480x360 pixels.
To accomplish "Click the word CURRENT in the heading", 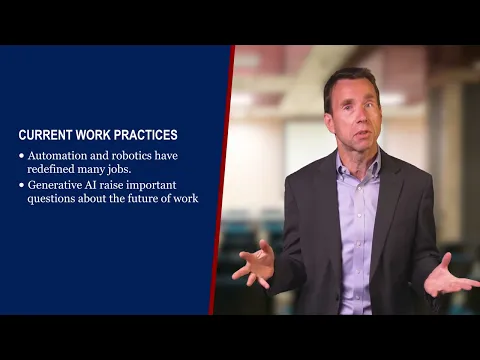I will pos(44,134).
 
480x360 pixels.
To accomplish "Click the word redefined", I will pos(53,169).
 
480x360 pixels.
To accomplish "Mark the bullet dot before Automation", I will pos(21,156).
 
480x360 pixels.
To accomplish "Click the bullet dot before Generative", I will pos(21,185).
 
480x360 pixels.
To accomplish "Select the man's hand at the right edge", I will pos(450,279).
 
